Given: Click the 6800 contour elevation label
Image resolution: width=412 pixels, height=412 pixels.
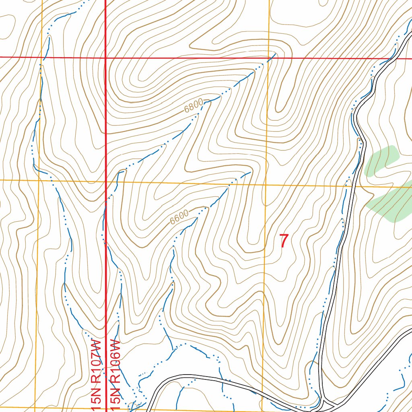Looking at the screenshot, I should tap(193, 107).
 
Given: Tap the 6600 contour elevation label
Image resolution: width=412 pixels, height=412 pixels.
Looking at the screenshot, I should tap(179, 218).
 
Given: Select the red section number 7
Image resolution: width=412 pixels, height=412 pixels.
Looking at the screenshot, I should tap(284, 241).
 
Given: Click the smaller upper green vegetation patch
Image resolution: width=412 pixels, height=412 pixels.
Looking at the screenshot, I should tap(381, 161).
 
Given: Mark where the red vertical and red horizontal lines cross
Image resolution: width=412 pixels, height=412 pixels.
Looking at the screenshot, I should tap(105, 58).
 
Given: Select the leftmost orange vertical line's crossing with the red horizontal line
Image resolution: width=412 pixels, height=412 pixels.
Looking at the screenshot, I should tap(42, 58).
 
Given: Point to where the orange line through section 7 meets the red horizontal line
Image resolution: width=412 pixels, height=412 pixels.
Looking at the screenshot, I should tap(268, 58).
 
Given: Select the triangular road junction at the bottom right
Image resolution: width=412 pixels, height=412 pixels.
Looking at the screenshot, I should tap(328, 402).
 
